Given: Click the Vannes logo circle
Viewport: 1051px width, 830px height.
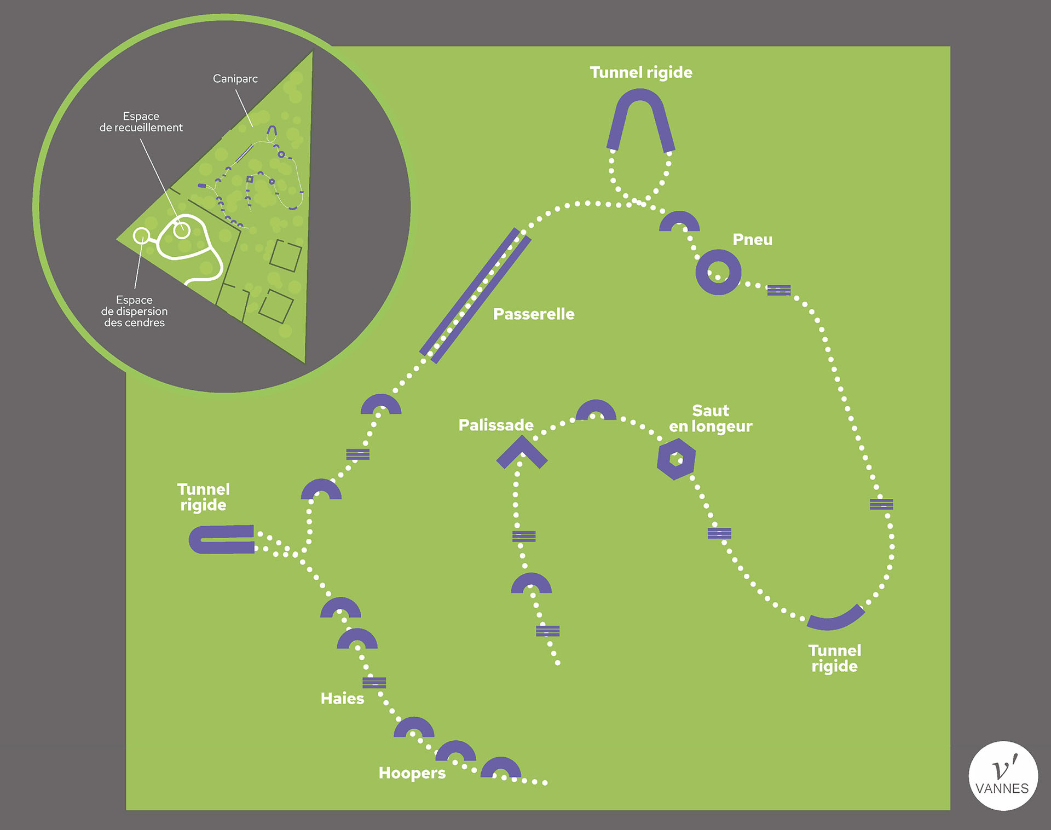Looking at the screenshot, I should coord(1003,775).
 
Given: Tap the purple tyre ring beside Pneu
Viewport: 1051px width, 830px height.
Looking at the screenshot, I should coord(718,272).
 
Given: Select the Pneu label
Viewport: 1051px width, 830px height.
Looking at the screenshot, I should coord(752,240).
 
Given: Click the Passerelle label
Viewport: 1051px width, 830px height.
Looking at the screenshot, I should coord(533,314).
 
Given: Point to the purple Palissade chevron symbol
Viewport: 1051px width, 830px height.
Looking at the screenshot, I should coord(522,452).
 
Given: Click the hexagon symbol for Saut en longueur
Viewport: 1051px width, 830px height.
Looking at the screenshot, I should coord(676,460).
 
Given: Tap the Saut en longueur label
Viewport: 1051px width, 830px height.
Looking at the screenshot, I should coord(711,418).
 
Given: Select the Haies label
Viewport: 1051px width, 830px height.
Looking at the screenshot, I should coord(342,699).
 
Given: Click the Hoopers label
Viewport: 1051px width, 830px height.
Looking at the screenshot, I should coord(412,773).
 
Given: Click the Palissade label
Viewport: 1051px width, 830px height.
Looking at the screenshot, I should coord(495,425).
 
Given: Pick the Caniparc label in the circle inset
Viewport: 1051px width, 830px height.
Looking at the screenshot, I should coord(235,79).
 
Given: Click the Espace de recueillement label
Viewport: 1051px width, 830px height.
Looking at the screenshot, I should coord(141,122).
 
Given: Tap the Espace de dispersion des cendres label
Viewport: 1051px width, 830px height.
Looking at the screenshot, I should coord(134,311).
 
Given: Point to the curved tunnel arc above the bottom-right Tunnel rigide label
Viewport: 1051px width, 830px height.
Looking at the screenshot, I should coord(836,619).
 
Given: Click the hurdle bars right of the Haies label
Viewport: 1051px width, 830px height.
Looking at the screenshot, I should coord(374,683).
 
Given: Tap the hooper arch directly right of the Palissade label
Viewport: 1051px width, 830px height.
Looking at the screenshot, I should coord(596,410).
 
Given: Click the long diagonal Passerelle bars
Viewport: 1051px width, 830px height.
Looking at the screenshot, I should coord(475,296).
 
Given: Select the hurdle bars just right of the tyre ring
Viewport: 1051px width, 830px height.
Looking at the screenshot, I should coord(778,290).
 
